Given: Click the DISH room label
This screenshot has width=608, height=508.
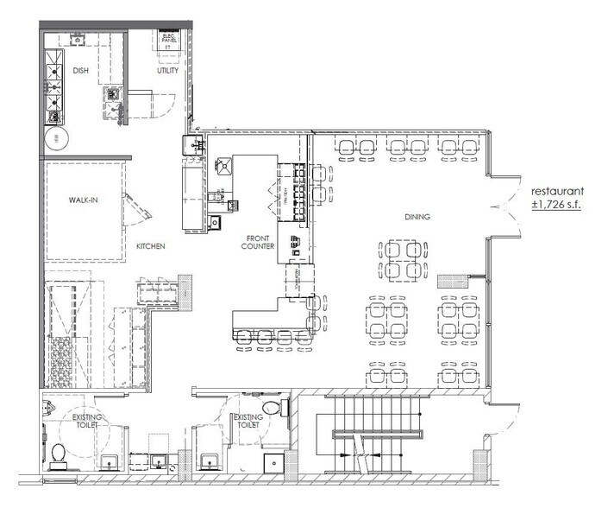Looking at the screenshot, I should pyautogui.click(x=82, y=71).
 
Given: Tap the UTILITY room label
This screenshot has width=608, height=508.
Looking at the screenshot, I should pyautogui.click(x=167, y=71).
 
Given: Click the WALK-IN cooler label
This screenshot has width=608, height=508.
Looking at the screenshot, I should pyautogui.click(x=83, y=200).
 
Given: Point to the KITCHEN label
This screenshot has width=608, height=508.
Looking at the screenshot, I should pyautogui.click(x=150, y=246).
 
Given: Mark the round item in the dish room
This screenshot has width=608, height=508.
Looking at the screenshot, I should pyautogui.click(x=58, y=138).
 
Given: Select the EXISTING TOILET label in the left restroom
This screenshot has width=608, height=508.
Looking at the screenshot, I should pyautogui.click(x=87, y=423).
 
